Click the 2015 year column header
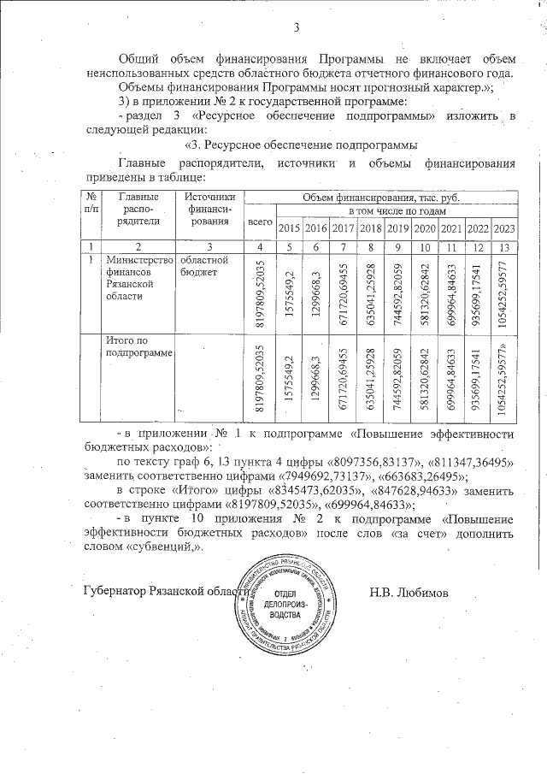(x=290, y=227)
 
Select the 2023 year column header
(x=504, y=227)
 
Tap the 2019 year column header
(x=397, y=227)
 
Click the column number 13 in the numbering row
(x=504, y=246)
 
